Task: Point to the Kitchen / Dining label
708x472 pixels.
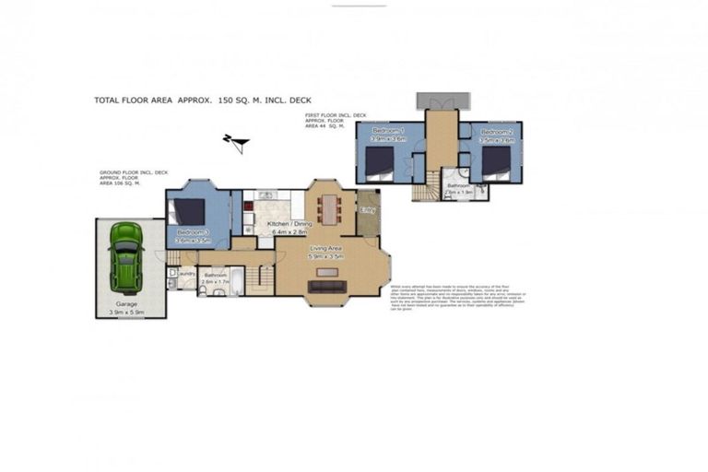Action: pos(289,223)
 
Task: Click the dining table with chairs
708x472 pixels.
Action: pos(329,210)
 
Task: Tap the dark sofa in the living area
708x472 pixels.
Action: pos(327,287)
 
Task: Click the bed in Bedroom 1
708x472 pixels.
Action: pos(379,160)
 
